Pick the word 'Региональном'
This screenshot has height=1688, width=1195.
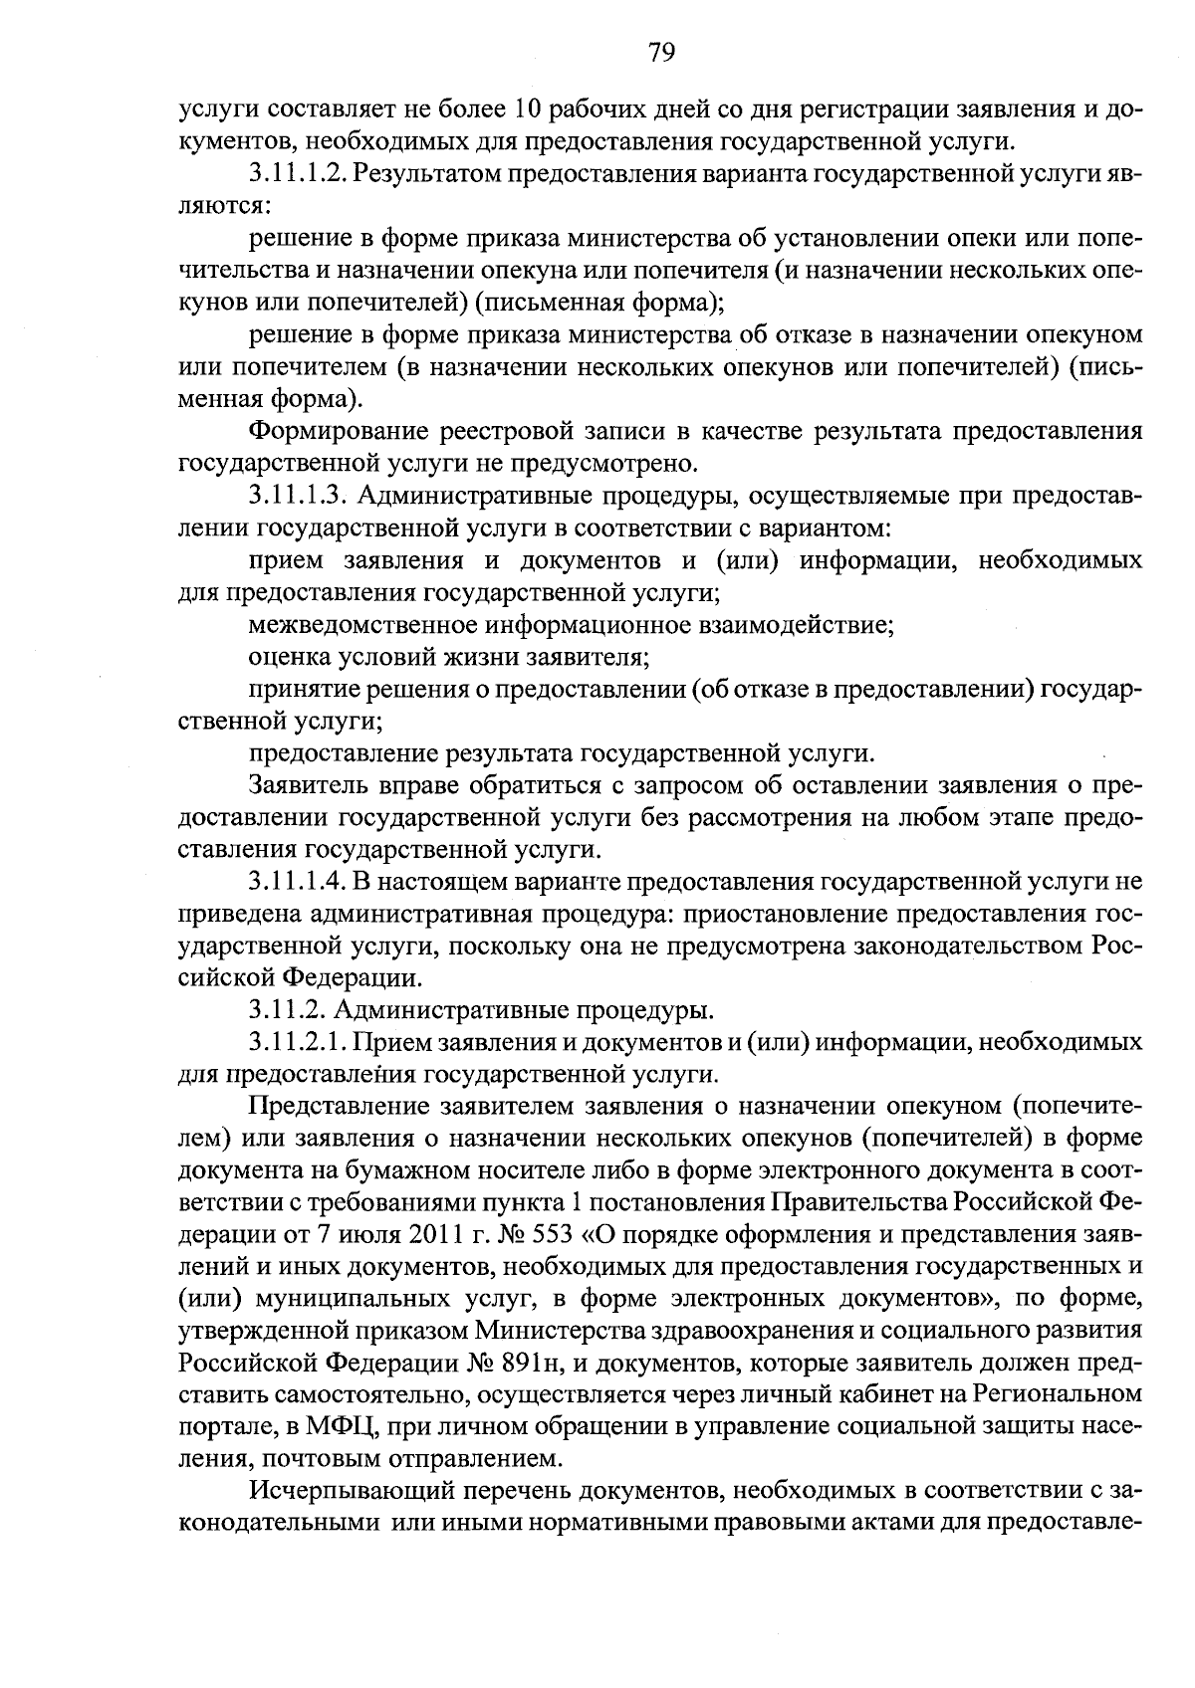pos(1058,1395)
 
